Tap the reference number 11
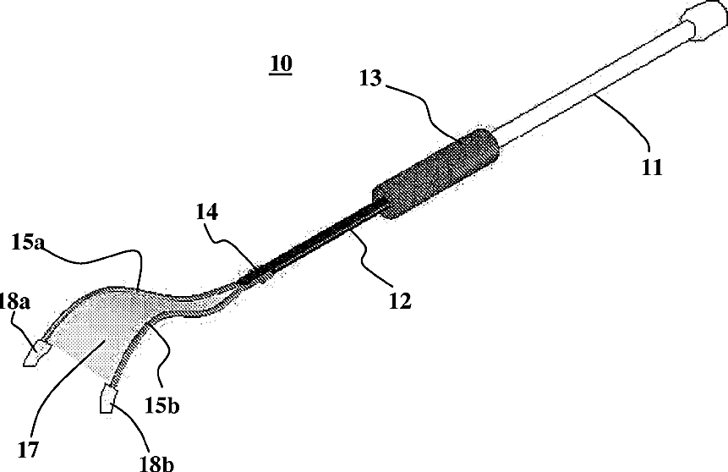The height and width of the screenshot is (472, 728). coord(652,167)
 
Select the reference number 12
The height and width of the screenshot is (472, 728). coord(395,300)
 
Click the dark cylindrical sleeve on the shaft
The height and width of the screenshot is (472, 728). coord(437,173)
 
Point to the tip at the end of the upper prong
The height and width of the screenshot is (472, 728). coord(33,354)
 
